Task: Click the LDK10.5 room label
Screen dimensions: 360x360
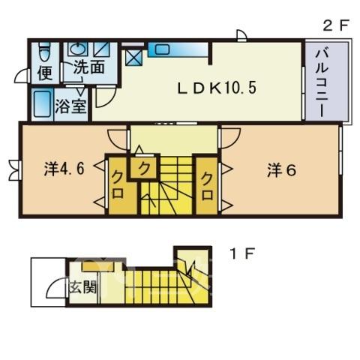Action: click(217, 88)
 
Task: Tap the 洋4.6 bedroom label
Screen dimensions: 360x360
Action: click(64, 169)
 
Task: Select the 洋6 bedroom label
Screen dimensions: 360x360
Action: click(282, 170)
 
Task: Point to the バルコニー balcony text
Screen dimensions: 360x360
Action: click(322, 83)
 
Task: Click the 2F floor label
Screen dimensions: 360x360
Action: click(335, 25)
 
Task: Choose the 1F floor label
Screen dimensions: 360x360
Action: click(242, 253)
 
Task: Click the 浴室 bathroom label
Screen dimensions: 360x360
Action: click(70, 106)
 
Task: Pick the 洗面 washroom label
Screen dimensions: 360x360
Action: click(89, 67)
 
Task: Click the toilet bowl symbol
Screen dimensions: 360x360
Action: click(45, 52)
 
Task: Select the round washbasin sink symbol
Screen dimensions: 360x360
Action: click(78, 48)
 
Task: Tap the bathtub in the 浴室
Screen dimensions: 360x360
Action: click(42, 104)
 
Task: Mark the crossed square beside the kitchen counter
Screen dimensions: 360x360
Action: click(134, 56)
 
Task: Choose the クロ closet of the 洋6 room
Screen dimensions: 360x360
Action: click(207, 186)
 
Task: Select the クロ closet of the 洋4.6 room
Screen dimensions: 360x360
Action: click(119, 186)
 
